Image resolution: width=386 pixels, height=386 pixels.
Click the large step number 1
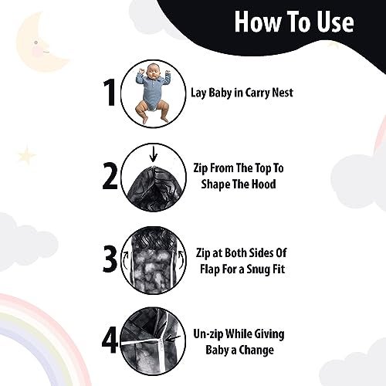point(110,93)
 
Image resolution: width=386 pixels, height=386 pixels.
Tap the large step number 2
point(110,177)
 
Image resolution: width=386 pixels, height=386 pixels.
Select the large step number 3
point(110,259)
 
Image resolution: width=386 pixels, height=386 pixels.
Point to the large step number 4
point(110,340)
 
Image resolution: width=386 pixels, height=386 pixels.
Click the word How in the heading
point(258,22)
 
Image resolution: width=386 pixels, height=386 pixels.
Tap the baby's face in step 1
point(152,73)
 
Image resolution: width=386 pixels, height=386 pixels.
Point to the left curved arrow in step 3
point(126,260)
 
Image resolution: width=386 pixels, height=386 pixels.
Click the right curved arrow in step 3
point(181,259)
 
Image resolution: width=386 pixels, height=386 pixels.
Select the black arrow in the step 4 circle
point(173,338)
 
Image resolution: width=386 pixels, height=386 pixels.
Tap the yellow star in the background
point(27,154)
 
